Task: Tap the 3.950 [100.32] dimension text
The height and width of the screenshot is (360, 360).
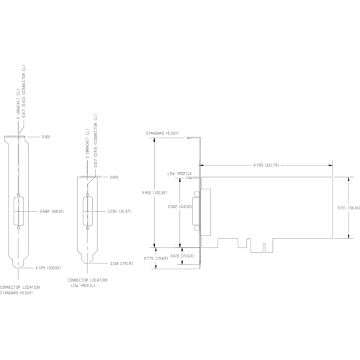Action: [x=155, y=192]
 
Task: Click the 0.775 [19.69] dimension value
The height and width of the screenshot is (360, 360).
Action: [x=156, y=257]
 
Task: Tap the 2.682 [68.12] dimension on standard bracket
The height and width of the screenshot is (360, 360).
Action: [x=51, y=211]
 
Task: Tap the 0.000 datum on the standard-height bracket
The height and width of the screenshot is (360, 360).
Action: [x=46, y=136]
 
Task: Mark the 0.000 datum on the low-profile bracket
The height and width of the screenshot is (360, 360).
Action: [x=113, y=176]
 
